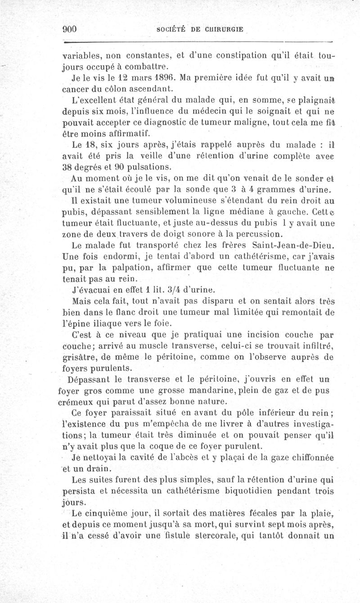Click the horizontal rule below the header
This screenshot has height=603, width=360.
pos(198,43)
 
